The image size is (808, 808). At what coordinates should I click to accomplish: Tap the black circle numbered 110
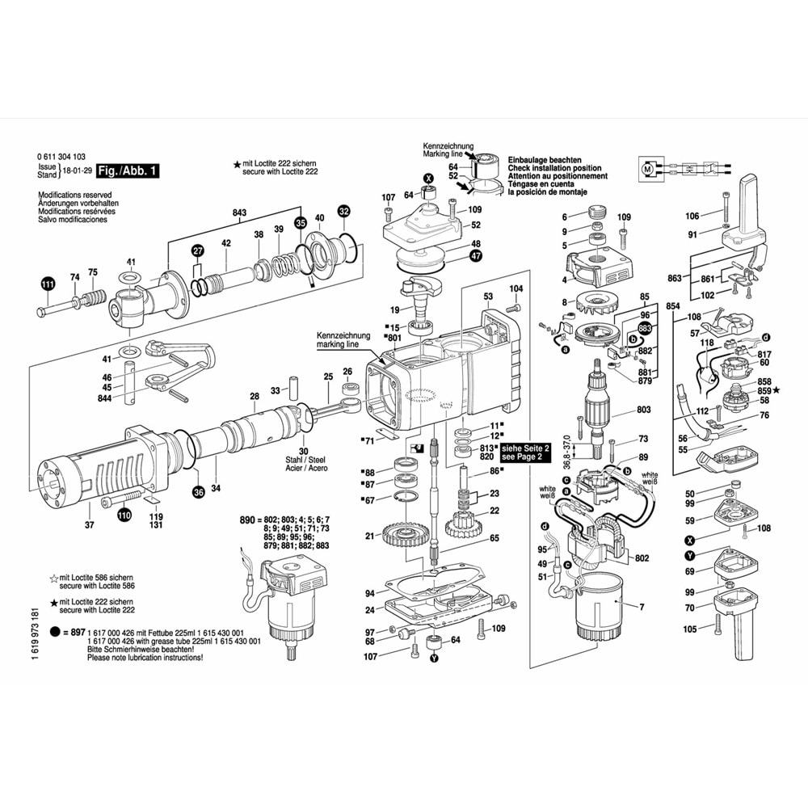[x=124, y=514]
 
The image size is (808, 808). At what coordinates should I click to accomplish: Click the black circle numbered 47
[x=475, y=256]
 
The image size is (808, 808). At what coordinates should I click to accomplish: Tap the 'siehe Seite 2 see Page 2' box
[x=525, y=452]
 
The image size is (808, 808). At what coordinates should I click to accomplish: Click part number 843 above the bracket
[x=239, y=213]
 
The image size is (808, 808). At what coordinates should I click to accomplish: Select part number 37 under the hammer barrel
[x=89, y=525]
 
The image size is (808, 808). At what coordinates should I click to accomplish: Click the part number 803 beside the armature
[x=643, y=410]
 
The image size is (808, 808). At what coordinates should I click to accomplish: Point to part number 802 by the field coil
[x=643, y=558]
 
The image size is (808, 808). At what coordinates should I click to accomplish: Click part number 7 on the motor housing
[x=642, y=606]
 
